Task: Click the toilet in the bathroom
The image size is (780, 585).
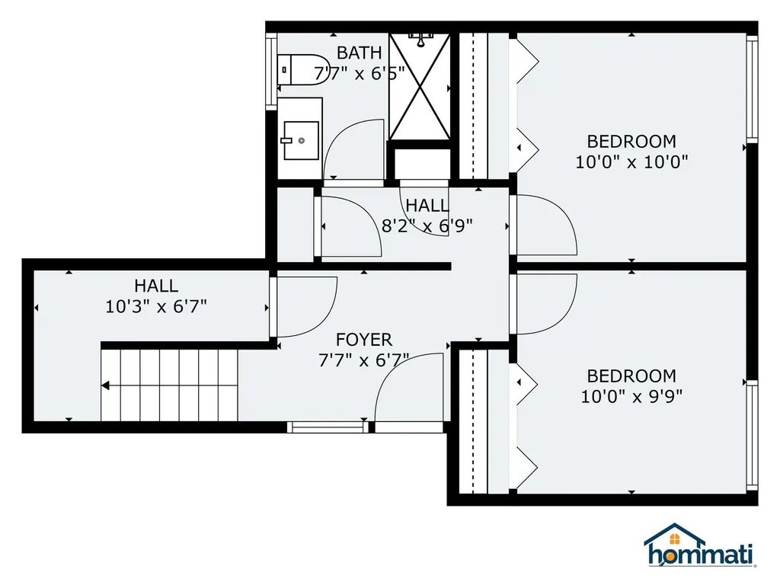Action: point(293,70)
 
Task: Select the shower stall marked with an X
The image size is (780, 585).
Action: point(420,86)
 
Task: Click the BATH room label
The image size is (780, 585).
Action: point(359,53)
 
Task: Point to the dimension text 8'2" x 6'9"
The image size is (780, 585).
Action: point(427,225)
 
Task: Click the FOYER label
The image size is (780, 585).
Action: point(364,340)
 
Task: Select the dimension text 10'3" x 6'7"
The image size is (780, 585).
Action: point(156,307)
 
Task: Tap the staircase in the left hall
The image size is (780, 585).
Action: point(170,385)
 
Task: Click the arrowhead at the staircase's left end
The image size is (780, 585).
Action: point(106,385)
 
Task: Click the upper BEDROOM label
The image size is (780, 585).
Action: point(631,142)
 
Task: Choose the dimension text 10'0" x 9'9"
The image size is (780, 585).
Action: point(631,396)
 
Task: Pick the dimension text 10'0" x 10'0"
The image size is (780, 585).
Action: point(631,161)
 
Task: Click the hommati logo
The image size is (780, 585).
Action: point(700,547)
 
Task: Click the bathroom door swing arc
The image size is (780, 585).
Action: point(353,149)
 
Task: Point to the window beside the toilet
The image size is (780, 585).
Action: point(270,71)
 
